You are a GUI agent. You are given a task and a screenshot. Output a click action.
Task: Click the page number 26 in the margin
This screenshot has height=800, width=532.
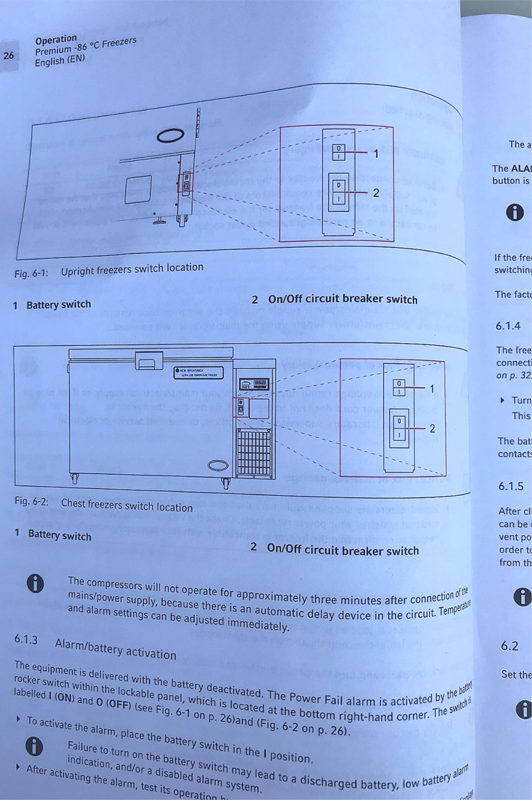(x=9, y=55)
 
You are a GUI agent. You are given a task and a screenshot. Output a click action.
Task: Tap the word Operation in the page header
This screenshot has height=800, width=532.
(x=56, y=39)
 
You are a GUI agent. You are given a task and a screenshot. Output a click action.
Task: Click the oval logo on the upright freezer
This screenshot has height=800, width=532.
(x=170, y=135)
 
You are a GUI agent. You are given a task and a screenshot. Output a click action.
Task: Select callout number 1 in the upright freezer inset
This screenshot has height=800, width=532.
(x=376, y=154)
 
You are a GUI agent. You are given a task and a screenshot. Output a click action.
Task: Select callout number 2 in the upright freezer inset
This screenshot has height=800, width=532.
(x=376, y=193)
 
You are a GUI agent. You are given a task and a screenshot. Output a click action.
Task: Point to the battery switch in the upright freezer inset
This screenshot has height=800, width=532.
(x=339, y=152)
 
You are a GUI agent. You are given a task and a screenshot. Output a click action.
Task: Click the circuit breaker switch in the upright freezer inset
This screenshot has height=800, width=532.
(x=339, y=191)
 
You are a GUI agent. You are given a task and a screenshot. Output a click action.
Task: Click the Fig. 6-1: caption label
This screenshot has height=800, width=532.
(x=31, y=273)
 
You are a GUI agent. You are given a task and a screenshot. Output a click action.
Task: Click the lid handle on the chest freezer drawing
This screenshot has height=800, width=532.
(x=149, y=361)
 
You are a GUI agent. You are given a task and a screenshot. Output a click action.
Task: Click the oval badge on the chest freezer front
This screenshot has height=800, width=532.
(x=218, y=465)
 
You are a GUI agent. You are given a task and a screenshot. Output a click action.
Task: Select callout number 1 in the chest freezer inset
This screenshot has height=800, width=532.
(x=432, y=389)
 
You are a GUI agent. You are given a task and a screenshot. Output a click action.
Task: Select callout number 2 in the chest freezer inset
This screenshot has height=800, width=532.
(x=432, y=429)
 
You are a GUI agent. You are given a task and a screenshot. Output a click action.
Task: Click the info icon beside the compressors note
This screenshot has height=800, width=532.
(x=35, y=584)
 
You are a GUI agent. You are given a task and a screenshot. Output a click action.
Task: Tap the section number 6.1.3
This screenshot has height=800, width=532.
(x=26, y=639)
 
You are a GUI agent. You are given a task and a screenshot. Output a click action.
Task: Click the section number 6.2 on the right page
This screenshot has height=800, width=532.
(x=510, y=646)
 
